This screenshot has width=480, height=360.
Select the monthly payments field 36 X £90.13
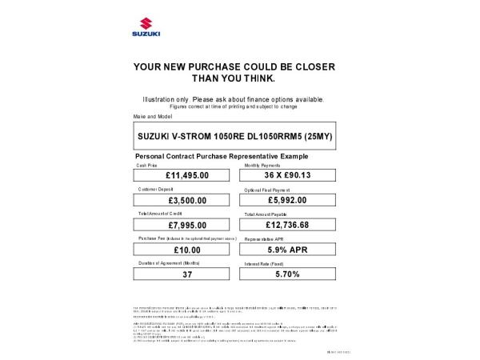(x=287, y=175)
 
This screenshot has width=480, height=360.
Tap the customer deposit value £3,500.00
(x=187, y=201)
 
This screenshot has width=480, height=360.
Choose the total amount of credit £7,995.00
(x=187, y=226)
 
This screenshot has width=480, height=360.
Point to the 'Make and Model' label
(x=153, y=117)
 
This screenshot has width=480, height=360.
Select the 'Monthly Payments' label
(x=262, y=165)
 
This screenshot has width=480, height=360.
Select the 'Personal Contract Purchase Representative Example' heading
(x=222, y=155)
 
